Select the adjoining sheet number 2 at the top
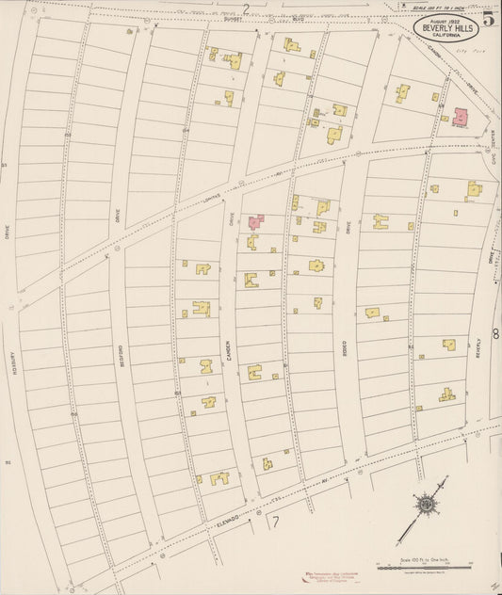246,9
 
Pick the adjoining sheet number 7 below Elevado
276,521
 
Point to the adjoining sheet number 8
495,333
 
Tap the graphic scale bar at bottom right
423,565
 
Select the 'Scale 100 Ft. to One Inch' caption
423,556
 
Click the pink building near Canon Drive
461,117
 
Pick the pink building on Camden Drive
255,222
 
